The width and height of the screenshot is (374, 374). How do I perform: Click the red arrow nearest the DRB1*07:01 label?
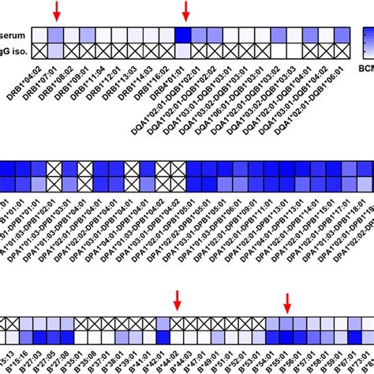pos(55,10)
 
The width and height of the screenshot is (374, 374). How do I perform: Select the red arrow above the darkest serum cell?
pos(186,10)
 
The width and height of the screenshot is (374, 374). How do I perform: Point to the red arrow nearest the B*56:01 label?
pos(288,302)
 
